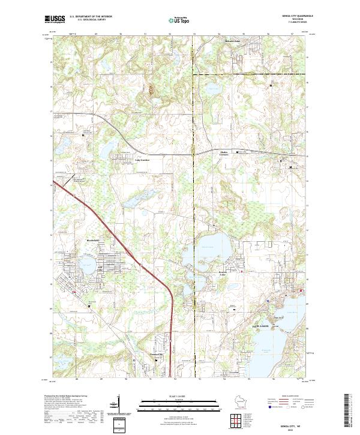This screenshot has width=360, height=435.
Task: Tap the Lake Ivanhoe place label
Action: (141, 160)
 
